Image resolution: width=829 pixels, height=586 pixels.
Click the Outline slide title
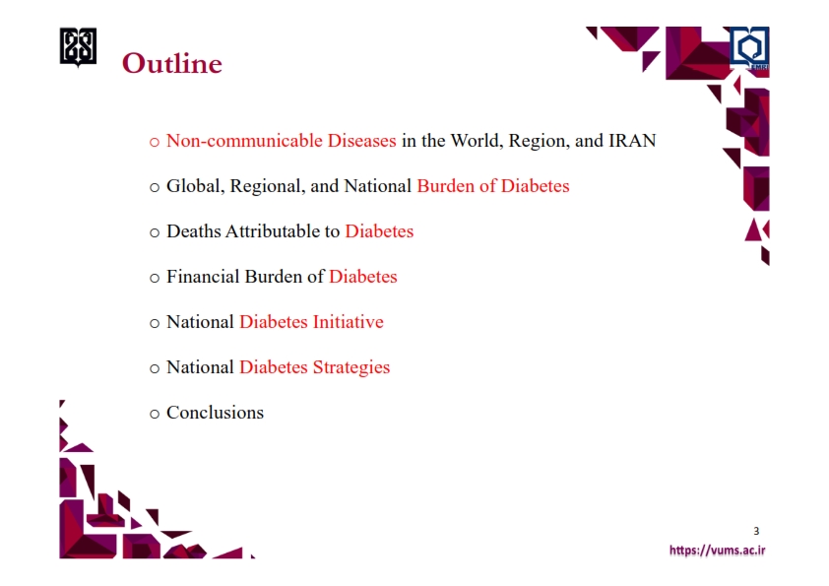tap(172, 63)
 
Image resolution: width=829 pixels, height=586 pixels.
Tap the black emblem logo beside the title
tap(78, 47)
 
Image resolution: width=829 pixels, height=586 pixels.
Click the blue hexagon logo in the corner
tap(749, 47)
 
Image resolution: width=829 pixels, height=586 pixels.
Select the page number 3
tap(756, 531)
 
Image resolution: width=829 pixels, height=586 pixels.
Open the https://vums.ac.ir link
tap(718, 550)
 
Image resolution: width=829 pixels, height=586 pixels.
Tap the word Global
tap(196, 186)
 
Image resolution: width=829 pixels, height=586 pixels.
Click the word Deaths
tap(194, 231)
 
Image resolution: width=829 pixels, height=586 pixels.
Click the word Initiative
tap(349, 322)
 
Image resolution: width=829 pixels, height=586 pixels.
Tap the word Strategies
tap(351, 367)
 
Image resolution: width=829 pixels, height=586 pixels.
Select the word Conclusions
tap(216, 413)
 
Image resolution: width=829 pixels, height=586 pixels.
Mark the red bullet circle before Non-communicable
tap(155, 142)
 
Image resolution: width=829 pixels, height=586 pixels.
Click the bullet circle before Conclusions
tap(155, 414)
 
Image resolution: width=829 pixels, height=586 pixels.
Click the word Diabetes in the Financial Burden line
tap(362, 277)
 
